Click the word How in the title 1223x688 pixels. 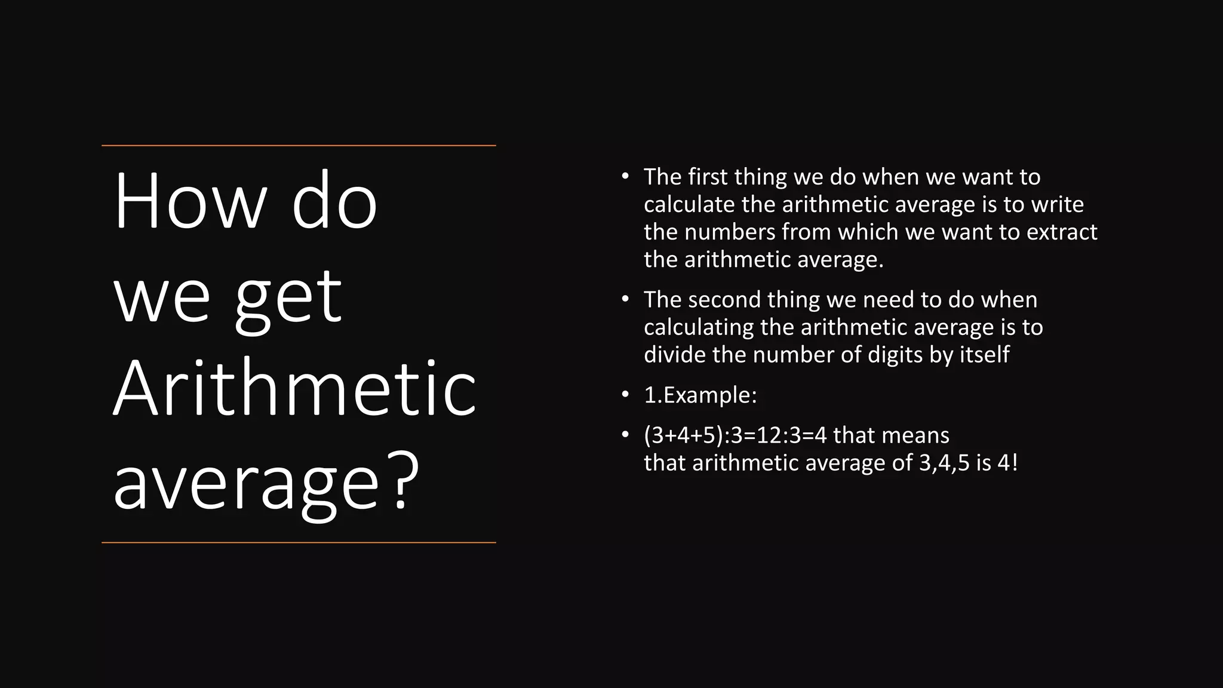coord(189,201)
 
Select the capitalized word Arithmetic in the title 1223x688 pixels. coord(294,389)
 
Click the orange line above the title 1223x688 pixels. coord(299,145)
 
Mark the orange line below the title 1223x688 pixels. coord(299,542)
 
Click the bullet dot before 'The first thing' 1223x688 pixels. coord(625,176)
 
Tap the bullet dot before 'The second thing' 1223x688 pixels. coord(625,299)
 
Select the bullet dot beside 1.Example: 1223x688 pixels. coord(625,394)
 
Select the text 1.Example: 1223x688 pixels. coord(700,395)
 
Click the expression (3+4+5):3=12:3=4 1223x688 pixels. coord(735,435)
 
